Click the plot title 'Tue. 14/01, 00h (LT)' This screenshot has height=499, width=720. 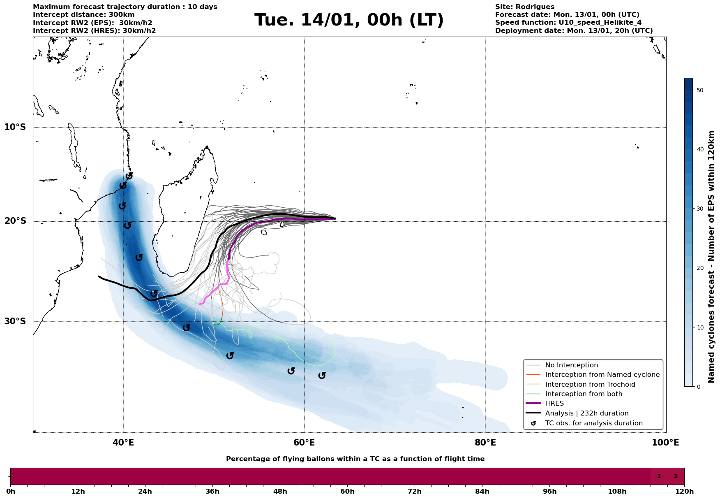349,20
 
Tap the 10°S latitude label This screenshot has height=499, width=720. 15,127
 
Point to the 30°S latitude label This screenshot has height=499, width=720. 15,321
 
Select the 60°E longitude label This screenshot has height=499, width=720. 304,443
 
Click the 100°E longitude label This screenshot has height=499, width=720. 665,443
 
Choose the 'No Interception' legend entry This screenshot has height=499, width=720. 571,365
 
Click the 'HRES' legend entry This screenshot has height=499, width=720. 554,404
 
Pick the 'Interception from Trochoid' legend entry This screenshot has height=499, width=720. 590,385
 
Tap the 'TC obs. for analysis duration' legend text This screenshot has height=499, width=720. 593,423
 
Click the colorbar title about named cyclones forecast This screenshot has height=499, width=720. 712,257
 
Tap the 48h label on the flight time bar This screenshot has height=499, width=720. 280,492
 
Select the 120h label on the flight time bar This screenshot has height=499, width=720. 684,492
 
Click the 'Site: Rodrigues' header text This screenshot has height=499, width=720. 524,7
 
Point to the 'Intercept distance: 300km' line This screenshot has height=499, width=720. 83,15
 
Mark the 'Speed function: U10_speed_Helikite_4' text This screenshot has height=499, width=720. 568,23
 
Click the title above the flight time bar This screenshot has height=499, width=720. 355,459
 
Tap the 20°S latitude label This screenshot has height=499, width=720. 15,221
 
